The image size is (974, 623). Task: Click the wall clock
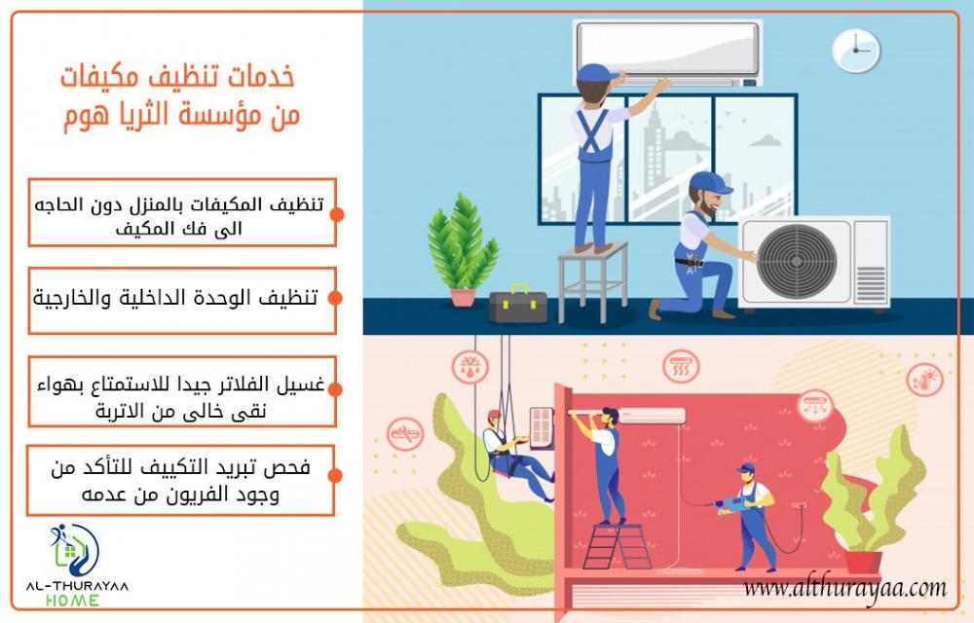tap(856, 51)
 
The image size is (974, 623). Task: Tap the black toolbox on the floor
tap(518, 305)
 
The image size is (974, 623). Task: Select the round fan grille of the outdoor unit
tap(797, 261)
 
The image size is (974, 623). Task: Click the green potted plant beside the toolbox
tap(462, 249)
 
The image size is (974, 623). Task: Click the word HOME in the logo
tap(72, 601)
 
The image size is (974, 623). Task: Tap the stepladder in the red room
tap(616, 546)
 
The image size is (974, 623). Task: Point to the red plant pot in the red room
tap(863, 562)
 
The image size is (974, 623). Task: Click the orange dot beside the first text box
tap(337, 215)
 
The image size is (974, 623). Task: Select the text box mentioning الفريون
tap(181, 480)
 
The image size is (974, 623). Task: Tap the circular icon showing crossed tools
tap(405, 434)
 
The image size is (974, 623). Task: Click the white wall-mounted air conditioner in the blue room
tap(668, 53)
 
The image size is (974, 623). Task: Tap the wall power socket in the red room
tap(799, 507)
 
